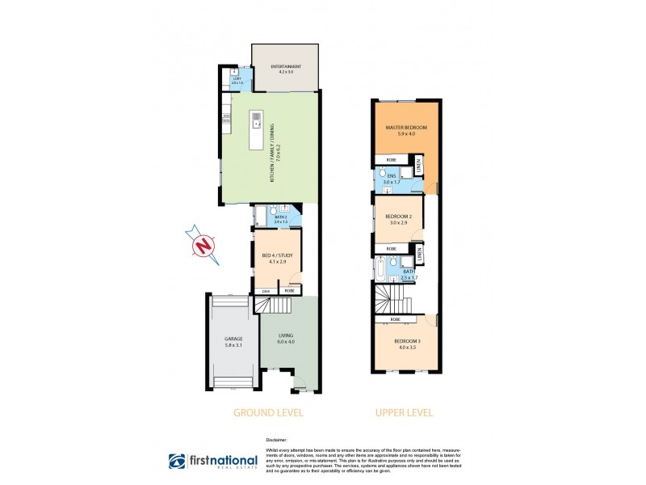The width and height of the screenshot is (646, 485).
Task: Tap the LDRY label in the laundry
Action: click(x=237, y=78)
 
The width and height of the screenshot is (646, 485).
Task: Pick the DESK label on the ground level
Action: click(x=266, y=290)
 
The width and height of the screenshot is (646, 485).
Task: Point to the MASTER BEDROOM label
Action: click(x=406, y=129)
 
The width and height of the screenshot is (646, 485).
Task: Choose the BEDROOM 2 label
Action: click(x=399, y=217)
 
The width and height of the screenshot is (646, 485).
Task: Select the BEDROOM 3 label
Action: click(x=407, y=343)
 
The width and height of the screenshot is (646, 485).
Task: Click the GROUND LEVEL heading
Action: click(x=268, y=412)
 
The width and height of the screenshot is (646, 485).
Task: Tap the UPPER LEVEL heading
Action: click(x=404, y=412)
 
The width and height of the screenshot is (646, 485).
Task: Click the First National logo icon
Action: click(x=177, y=462)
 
